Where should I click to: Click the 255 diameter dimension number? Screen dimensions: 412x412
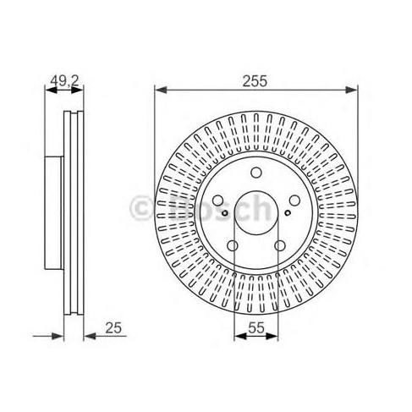click(x=255, y=81)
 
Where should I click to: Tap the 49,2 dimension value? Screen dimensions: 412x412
click(x=64, y=81)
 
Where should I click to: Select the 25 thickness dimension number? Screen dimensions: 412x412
click(x=113, y=328)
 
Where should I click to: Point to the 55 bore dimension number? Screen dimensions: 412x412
click(x=256, y=327)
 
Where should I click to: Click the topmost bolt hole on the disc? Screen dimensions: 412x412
click(x=256, y=173)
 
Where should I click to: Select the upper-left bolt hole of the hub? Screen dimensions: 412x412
click(x=218, y=201)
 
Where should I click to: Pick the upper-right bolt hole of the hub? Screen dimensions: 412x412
click(x=294, y=201)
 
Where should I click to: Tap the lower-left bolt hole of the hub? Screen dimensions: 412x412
click(x=233, y=245)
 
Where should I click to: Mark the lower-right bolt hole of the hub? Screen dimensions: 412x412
click(x=280, y=245)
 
